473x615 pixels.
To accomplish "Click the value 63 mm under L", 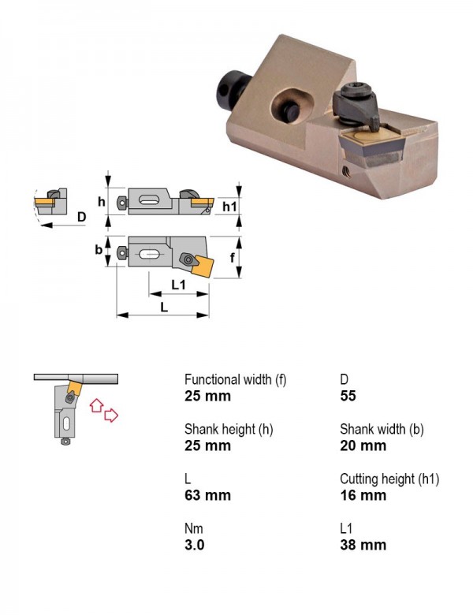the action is click(x=207, y=495).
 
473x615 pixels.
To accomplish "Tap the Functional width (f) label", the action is click(x=236, y=380).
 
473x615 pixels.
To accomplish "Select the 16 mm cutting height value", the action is click(x=363, y=495).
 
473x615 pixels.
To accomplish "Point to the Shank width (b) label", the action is click(x=382, y=430).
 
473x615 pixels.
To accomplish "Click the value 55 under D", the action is click(x=348, y=396).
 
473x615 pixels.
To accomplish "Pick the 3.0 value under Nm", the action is click(x=194, y=545).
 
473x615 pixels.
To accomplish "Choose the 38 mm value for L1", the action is click(x=363, y=545).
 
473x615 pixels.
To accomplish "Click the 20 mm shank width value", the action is click(x=363, y=445).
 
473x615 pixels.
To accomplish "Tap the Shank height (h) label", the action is click(x=229, y=430).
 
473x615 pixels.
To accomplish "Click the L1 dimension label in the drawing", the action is click(x=179, y=285).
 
